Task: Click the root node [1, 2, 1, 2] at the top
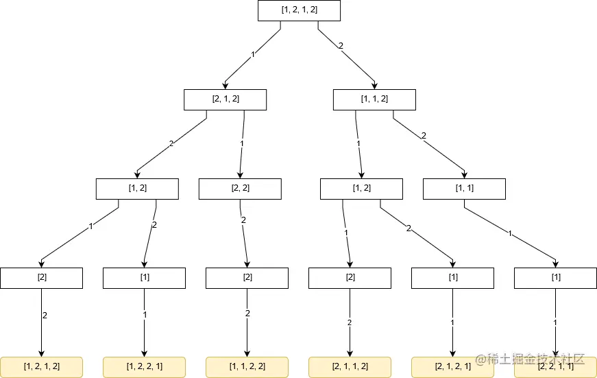299,10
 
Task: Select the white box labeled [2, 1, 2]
225,99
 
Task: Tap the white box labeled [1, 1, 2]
374,99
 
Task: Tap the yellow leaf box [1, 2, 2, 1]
144,366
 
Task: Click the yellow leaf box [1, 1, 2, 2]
247,366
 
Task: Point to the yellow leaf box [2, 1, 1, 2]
350,366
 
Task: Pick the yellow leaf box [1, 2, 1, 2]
41,366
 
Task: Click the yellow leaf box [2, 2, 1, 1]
555,367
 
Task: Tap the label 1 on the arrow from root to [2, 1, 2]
253,54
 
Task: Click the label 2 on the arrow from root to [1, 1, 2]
341,47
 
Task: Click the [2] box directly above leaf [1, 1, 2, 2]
247,278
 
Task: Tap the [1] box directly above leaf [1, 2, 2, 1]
144,278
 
